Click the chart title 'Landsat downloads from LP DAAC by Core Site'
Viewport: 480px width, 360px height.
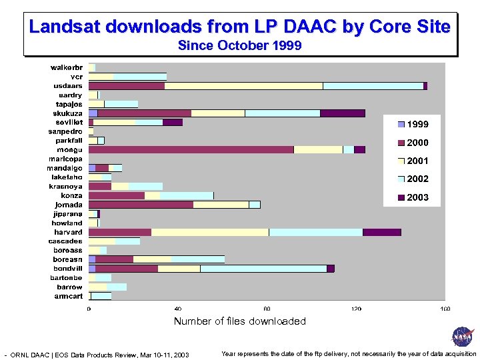(x=240, y=27)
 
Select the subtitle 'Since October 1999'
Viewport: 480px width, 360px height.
(x=240, y=46)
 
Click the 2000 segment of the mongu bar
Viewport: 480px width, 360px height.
(x=191, y=149)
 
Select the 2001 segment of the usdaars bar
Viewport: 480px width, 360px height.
(x=243, y=86)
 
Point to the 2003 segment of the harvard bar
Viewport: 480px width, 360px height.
(x=381, y=232)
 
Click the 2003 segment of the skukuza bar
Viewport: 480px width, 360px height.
(x=342, y=113)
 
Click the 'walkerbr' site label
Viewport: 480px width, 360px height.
(x=67, y=67)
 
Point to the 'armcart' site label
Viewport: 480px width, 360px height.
(x=69, y=296)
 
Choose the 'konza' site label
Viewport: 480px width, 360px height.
(x=72, y=195)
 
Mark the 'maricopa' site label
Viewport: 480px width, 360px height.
(x=65, y=159)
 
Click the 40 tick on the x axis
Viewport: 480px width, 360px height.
(x=178, y=309)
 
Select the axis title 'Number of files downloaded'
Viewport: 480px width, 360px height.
(x=240, y=321)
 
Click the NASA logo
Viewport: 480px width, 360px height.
(x=462, y=337)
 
